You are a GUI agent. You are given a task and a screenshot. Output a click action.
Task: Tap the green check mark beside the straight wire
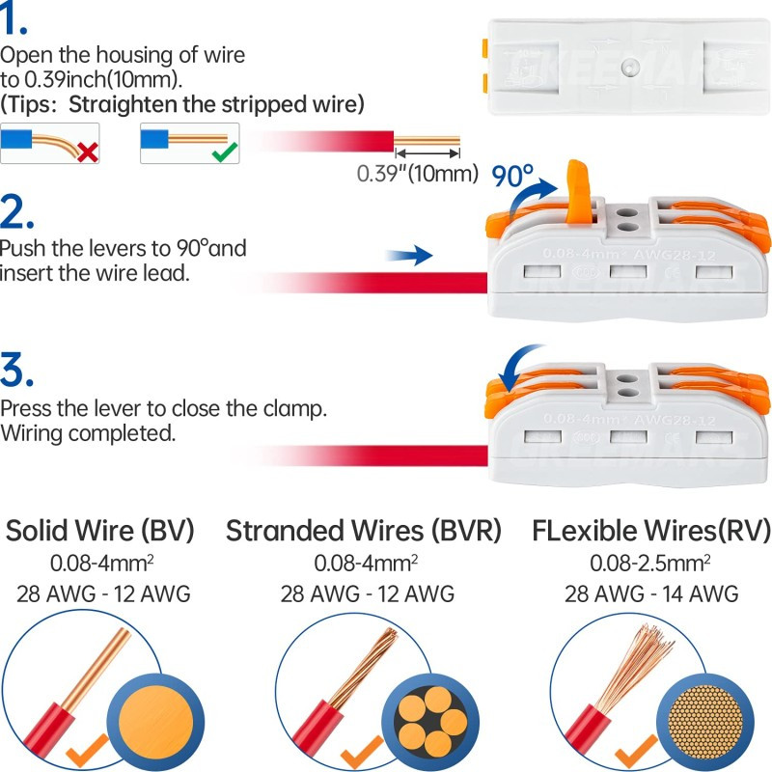[225, 152]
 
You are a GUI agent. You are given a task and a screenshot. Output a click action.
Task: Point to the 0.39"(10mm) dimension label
[418, 174]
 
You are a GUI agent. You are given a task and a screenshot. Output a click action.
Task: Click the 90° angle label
[512, 176]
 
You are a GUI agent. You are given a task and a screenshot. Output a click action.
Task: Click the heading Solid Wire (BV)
[100, 531]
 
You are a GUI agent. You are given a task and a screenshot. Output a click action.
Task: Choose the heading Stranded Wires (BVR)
[364, 531]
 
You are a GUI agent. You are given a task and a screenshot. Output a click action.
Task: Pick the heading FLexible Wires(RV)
[650, 531]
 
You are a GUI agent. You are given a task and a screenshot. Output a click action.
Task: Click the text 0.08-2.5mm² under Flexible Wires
[650, 563]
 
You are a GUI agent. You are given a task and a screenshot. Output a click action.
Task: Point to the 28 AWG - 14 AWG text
[650, 593]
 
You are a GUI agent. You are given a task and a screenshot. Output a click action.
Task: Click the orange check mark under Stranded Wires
[363, 749]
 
